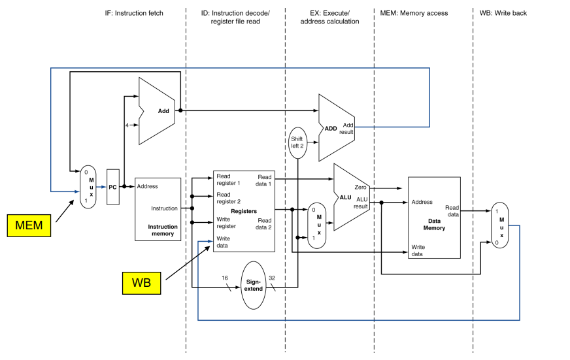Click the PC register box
click(x=112, y=187)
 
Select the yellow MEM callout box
click(x=29, y=225)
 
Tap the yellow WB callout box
click(x=141, y=283)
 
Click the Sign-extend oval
click(x=254, y=285)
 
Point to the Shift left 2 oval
click(x=297, y=143)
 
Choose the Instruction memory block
click(x=158, y=209)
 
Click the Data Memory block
click(x=434, y=218)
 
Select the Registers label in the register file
click(x=244, y=211)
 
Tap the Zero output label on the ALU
click(x=360, y=187)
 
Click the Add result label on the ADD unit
click(x=346, y=128)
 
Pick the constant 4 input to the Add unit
click(x=127, y=125)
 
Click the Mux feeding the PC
click(x=88, y=187)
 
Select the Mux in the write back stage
click(x=500, y=225)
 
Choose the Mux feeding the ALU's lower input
click(x=316, y=225)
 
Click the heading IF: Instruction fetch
click(x=134, y=13)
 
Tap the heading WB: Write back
click(x=503, y=13)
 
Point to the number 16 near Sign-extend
click(x=225, y=278)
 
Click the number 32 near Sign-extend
click(x=272, y=278)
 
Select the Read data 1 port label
click(x=264, y=180)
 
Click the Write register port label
click(x=226, y=223)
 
